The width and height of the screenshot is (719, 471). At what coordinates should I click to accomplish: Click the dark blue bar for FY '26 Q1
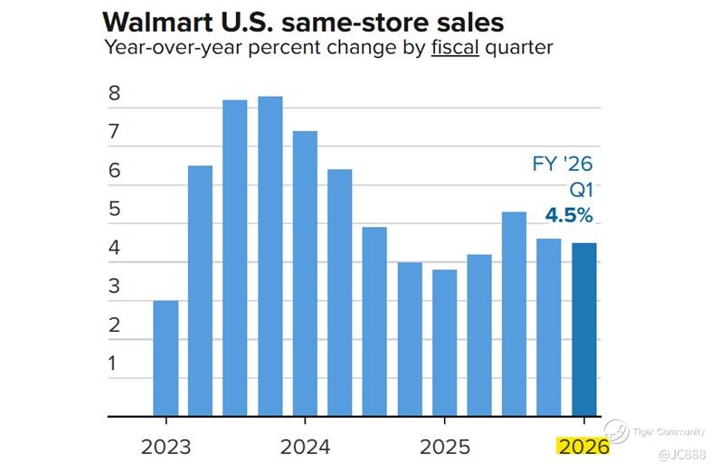pos(583,329)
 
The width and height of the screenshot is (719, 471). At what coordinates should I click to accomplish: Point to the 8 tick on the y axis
pos(114,94)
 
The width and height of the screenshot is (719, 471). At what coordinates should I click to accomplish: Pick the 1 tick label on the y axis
pos(114,363)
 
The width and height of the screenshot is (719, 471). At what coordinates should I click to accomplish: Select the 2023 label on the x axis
pos(166,447)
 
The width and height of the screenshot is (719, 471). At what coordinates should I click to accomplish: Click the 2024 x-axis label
pos(305,447)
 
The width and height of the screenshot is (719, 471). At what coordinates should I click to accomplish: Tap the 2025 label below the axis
pos(444,447)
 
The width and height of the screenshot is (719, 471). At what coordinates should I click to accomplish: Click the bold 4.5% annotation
pos(569,216)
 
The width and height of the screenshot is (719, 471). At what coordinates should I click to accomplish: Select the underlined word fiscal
pos(454,48)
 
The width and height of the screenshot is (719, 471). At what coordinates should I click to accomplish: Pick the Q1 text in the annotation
pos(580,191)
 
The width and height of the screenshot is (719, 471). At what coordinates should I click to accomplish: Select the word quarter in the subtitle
pos(517,48)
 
